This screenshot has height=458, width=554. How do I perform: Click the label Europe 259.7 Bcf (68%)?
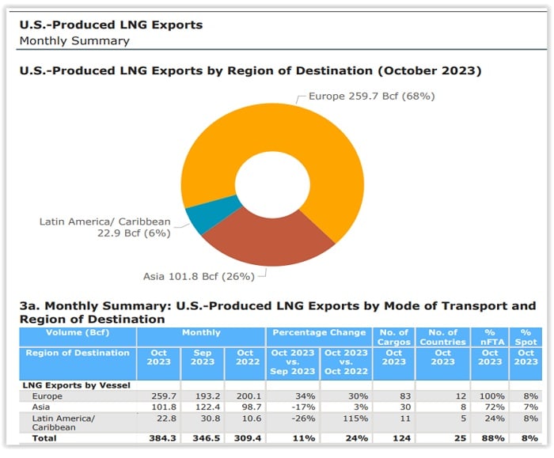pyautogui.click(x=371, y=97)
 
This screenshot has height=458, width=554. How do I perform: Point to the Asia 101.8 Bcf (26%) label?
pyautogui.click(x=199, y=276)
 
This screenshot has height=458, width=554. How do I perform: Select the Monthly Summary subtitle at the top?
pyautogui.click(x=74, y=40)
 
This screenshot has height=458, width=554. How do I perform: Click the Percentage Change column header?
pyautogui.click(x=319, y=333)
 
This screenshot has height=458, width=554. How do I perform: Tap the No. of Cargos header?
pyautogui.click(x=393, y=338)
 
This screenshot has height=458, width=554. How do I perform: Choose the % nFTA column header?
pyautogui.click(x=490, y=338)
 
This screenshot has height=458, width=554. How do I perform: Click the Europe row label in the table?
pyautogui.click(x=47, y=395)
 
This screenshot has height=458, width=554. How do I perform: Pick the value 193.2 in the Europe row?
pyautogui.click(x=202, y=395)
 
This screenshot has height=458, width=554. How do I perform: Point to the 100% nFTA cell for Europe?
pyautogui.click(x=490, y=395)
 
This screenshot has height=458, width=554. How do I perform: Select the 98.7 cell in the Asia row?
pyautogui.click(x=246, y=406)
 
